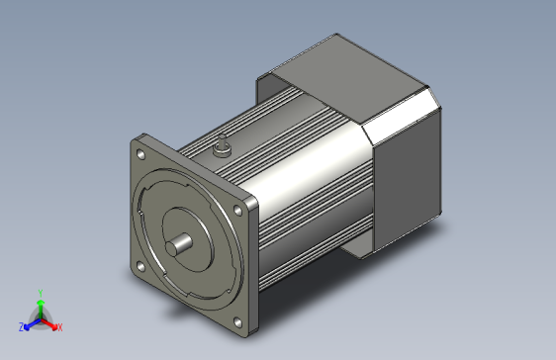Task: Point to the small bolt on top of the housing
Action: pos(223,149)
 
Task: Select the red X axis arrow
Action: pos(51,323)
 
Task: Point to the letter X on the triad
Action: pos(59,326)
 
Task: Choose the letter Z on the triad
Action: pos(20,326)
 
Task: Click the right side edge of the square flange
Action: pos(253,267)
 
